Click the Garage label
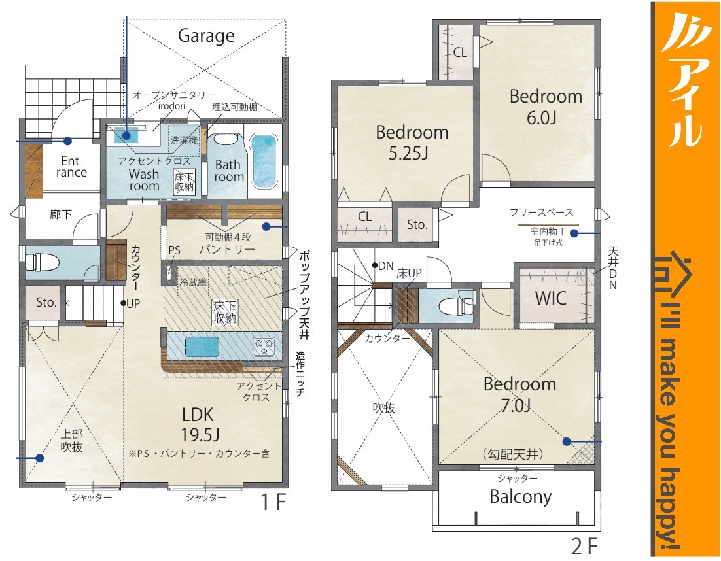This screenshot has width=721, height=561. [206, 36]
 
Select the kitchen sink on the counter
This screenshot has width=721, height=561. [202, 346]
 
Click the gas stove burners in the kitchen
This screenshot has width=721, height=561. [264, 346]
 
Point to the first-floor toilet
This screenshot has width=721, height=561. [42, 263]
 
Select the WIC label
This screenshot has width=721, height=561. [550, 299]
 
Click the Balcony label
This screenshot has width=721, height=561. [520, 497]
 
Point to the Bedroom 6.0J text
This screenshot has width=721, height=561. [546, 107]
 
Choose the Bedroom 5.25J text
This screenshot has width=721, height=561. [412, 142]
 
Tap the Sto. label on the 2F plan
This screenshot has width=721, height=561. [417, 225]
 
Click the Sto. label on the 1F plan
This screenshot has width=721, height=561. [46, 302]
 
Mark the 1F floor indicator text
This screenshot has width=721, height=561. [273, 502]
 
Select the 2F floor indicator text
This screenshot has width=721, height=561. [584, 547]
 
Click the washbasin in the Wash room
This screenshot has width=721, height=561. [126, 135]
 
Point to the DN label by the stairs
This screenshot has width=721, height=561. [386, 265]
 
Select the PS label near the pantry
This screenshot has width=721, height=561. [174, 250]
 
